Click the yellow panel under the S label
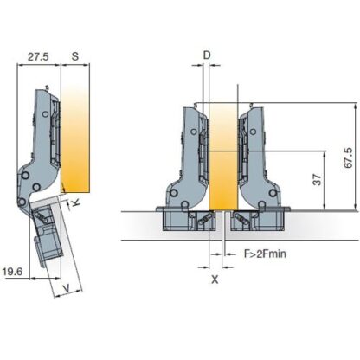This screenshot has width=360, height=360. pyautogui.click(x=76, y=138)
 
